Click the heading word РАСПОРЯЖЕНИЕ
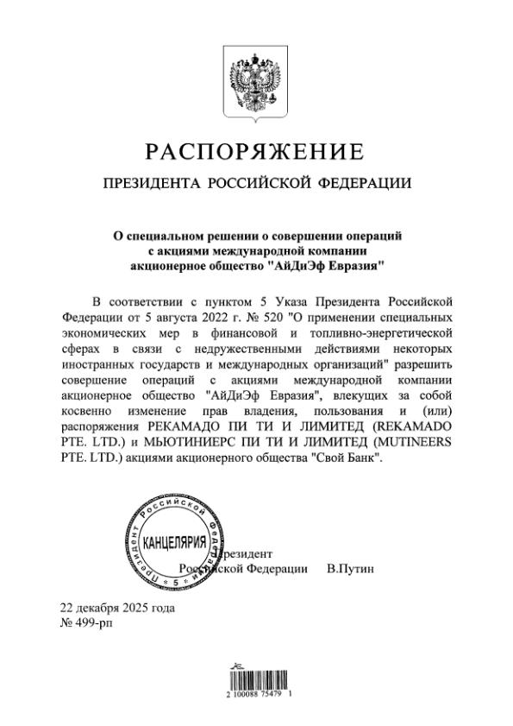(255, 153)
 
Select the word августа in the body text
(135, 316)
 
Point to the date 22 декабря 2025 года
(116, 608)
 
